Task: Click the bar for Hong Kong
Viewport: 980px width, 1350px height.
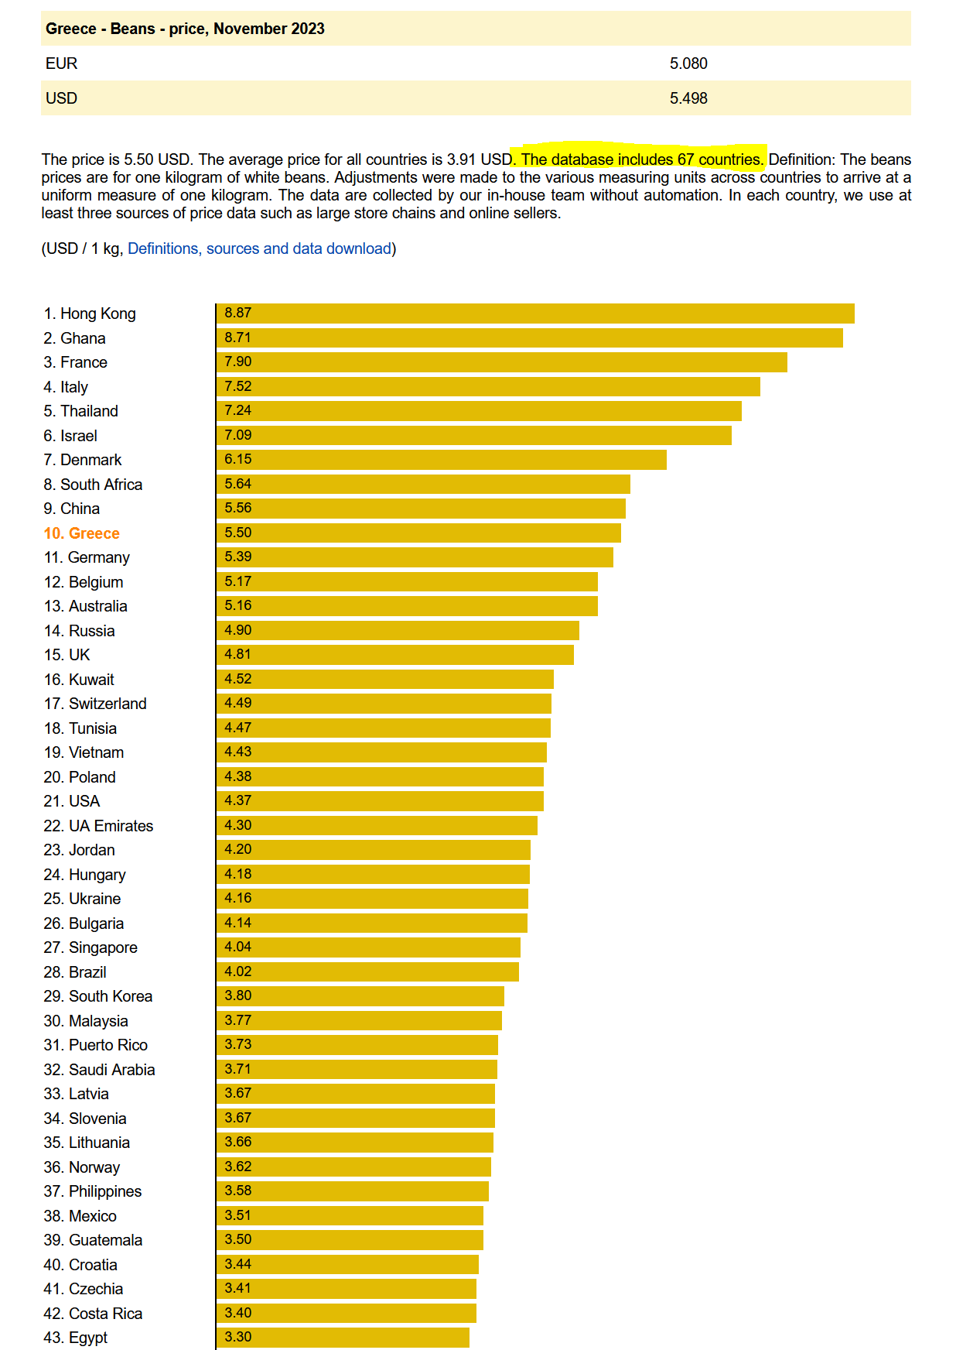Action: point(534,314)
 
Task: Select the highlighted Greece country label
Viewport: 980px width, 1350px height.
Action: point(82,533)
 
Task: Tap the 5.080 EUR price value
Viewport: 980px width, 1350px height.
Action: point(688,63)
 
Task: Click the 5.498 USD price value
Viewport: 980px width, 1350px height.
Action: point(688,98)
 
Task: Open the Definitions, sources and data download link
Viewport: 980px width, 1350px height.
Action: point(259,248)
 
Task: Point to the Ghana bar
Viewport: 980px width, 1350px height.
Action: point(529,338)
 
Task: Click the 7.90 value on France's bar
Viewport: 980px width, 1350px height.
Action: point(238,362)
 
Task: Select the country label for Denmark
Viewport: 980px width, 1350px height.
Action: point(83,460)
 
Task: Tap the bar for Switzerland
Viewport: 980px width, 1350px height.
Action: point(384,704)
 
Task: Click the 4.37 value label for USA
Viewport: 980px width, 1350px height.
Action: point(238,801)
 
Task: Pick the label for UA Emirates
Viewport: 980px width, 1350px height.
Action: point(98,826)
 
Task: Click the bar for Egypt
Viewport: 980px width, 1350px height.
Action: point(343,1338)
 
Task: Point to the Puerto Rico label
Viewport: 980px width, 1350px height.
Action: point(96,1045)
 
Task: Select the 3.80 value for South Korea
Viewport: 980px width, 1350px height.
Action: point(238,996)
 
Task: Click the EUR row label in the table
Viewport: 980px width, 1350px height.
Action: point(62,63)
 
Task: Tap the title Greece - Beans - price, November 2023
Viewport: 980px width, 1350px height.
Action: point(185,29)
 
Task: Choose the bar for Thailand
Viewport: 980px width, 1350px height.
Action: point(479,411)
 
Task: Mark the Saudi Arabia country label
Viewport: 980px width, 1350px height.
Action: point(99,1070)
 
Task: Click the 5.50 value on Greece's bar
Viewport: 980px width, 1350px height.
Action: point(238,533)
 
